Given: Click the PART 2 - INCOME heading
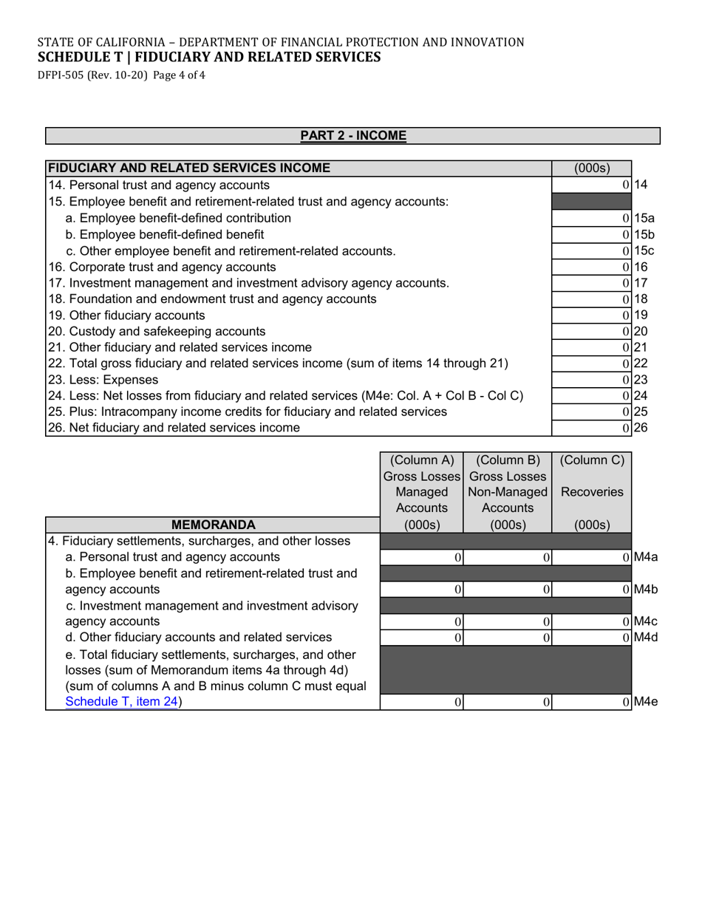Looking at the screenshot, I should pyautogui.click(x=352, y=136).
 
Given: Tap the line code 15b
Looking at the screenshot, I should pyautogui.click(x=644, y=234).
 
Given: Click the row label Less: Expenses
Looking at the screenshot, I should pyautogui.click(x=103, y=380).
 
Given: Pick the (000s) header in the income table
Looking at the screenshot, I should pyautogui.click(x=591, y=168).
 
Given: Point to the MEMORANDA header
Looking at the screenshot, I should pyautogui.click(x=213, y=525).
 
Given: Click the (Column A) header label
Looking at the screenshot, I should pyautogui.click(x=421, y=460).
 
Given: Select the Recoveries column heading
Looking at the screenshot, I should pyautogui.click(x=591, y=492).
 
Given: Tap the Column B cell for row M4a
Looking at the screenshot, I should pyautogui.click(x=508, y=557).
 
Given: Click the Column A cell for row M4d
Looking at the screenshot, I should pyautogui.click(x=421, y=638).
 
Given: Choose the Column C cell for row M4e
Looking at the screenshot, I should pyautogui.click(x=591, y=703).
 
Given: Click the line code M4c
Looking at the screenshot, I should pyautogui.click(x=645, y=621).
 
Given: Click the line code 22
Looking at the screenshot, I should pyautogui.click(x=640, y=363).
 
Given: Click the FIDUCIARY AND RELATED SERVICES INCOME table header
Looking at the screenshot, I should pyautogui.click(x=189, y=168).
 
